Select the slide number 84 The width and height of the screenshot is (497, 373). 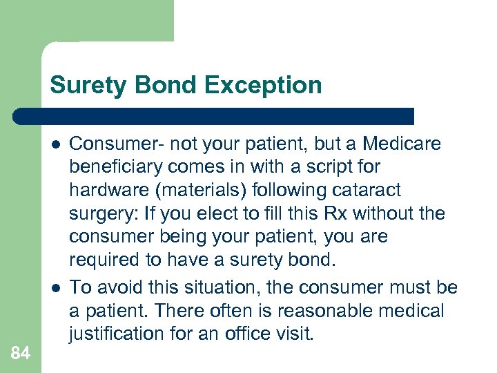coord(21,353)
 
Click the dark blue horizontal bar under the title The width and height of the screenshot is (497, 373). coord(214,116)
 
